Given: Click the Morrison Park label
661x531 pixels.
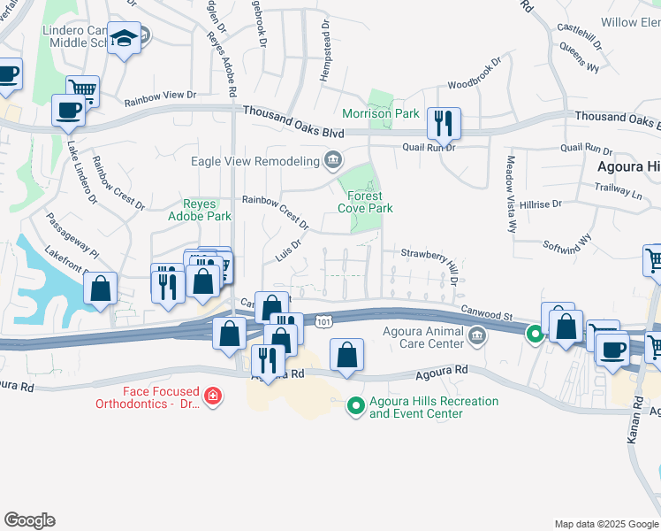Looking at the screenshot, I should pos(381,114).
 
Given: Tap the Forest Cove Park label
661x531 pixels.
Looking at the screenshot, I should pos(365,202).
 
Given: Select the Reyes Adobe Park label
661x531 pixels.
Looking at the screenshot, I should pos(201,210).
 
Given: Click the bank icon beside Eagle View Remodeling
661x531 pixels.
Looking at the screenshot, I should pos(333,160).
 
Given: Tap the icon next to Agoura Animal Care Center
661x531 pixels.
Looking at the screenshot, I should pos(477,335).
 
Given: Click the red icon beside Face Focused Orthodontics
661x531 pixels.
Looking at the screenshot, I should pos(212,396).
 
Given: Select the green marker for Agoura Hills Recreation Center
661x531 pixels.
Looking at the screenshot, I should pos(355,406).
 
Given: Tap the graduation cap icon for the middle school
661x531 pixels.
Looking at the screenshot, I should pos(125,38).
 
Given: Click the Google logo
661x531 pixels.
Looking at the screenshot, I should pos(29,520).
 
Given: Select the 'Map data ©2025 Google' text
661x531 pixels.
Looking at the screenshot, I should pos(605,524).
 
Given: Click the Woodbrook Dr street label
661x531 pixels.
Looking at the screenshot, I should pos(474,74).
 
